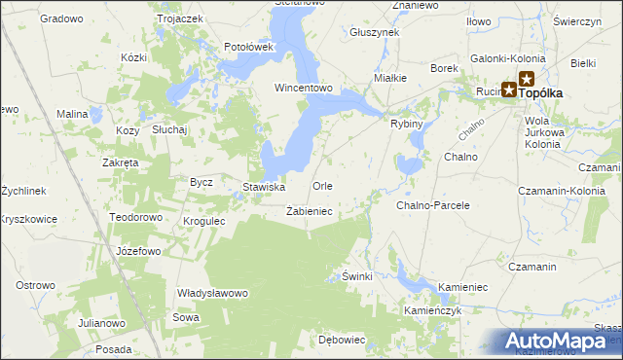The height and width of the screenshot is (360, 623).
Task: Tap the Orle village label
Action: [322, 186]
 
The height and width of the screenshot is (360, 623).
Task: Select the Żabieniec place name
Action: [311, 211]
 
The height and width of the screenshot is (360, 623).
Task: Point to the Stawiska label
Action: [263, 187]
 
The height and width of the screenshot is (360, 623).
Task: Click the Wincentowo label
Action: [304, 88]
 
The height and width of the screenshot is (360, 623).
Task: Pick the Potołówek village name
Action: [250, 46]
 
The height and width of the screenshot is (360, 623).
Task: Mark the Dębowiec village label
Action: [341, 340]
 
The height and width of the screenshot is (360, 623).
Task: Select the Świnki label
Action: [357, 276]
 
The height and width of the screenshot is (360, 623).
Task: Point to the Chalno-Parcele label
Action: [432, 206]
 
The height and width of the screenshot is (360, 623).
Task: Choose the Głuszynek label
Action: [374, 32]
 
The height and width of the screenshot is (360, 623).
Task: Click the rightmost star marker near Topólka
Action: [527, 79]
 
